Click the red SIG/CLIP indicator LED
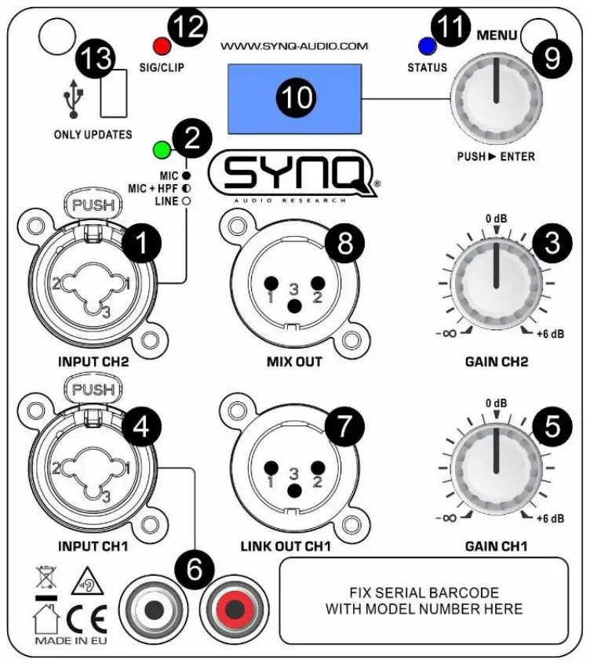coord(162,45)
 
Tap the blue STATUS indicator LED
coord(428,45)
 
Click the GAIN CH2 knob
coord(495,280)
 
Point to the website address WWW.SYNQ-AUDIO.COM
coord(293,46)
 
